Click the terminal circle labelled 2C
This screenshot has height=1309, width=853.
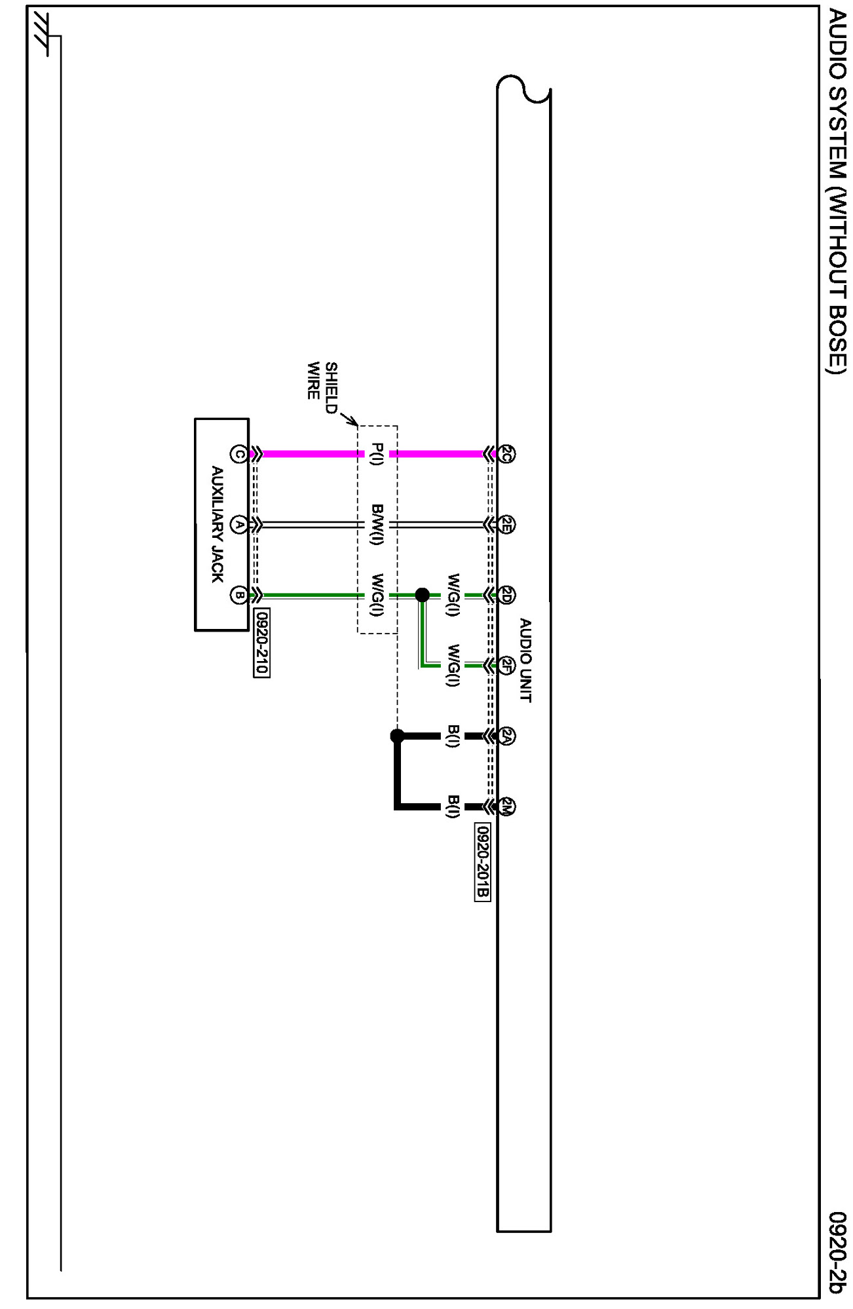[x=506, y=453]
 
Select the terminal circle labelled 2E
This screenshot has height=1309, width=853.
[x=506, y=525]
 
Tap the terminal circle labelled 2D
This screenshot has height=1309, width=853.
[x=506, y=595]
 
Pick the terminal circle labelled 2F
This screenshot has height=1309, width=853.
[x=506, y=666]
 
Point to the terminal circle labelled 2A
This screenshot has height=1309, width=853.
[x=506, y=736]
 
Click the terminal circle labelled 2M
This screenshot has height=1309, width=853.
[x=506, y=806]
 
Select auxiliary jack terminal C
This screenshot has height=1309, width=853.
[x=239, y=453]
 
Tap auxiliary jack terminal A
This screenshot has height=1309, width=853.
[x=239, y=525]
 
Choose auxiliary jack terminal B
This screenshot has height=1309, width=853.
[x=239, y=595]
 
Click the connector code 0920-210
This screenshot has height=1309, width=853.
[x=261, y=643]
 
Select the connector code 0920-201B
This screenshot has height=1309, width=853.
[x=482, y=862]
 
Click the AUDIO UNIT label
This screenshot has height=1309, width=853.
[x=525, y=660]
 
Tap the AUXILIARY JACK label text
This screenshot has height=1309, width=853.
[x=218, y=524]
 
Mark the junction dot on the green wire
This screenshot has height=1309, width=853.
[x=423, y=595]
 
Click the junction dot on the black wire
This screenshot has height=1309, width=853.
[x=397, y=736]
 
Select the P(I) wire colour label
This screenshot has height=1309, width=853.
[x=377, y=453]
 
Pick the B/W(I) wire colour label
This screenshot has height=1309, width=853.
[x=377, y=524]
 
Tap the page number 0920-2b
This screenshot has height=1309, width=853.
[x=837, y=1252]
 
